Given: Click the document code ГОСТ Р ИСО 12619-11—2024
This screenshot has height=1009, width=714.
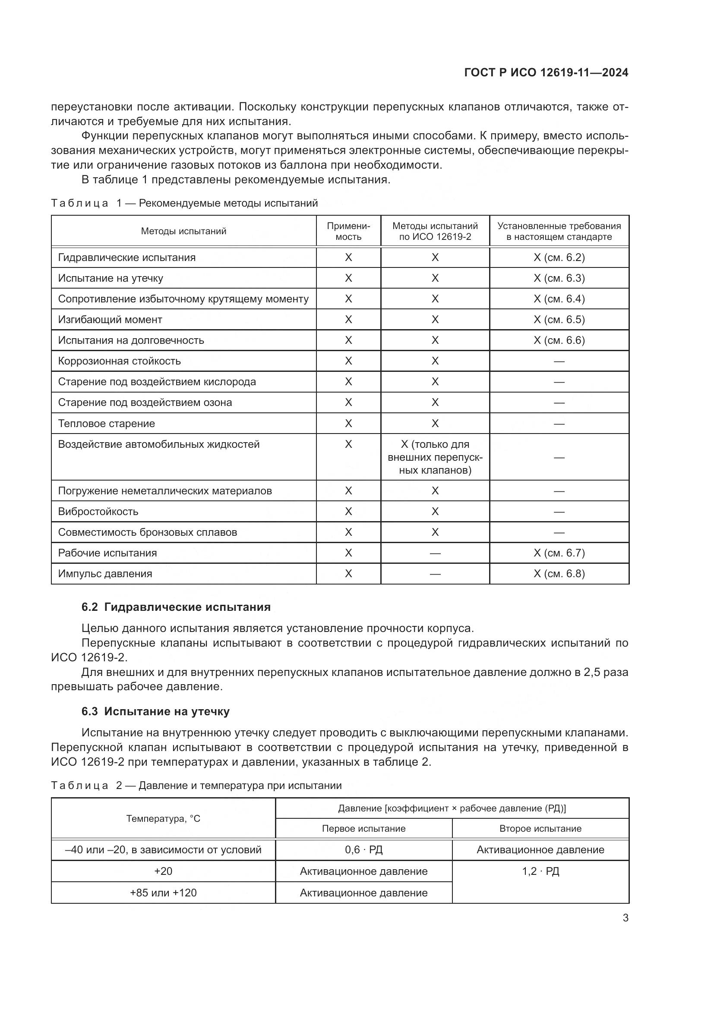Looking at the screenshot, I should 546,73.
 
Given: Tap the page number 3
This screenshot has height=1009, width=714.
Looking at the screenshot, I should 625,918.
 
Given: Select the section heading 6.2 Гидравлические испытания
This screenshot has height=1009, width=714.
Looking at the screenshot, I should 176,607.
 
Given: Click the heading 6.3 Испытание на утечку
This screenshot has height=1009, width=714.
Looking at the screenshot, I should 155,711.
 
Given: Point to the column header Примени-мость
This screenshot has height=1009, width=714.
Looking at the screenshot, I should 348,231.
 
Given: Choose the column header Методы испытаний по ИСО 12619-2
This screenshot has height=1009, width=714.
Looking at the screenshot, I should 435,231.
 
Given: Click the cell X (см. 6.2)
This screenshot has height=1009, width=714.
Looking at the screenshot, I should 559,258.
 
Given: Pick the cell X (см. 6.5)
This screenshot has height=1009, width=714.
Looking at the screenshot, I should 559,320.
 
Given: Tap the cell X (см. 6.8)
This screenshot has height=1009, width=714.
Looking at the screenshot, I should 559,573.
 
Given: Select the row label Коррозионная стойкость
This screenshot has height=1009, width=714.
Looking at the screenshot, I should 119,361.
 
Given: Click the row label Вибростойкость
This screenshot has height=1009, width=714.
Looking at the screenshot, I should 98,512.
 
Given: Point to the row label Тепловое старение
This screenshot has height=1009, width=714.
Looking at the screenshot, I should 106,424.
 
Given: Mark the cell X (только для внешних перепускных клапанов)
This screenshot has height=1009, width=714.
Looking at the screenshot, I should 435,457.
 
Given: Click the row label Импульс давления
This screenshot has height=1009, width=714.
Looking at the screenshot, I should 105,573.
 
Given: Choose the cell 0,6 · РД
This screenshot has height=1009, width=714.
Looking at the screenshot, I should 363,849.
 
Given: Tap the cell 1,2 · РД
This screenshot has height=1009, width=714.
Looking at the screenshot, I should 540,871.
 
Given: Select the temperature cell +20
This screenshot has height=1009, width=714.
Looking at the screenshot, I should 163,871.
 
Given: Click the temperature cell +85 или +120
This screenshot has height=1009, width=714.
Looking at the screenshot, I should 163,893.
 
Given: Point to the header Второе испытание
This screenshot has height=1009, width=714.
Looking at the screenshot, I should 540,828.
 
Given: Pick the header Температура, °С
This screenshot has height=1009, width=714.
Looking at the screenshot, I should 163,818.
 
